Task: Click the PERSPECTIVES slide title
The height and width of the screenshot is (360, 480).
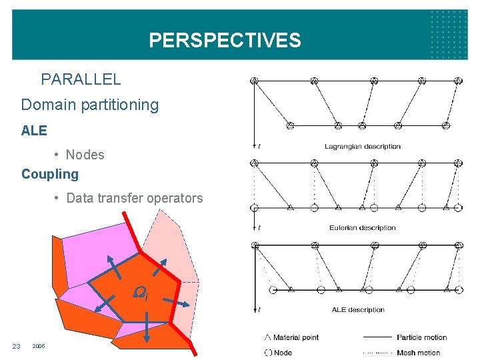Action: pos(225,41)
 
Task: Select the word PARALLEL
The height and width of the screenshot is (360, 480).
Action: pos(81,79)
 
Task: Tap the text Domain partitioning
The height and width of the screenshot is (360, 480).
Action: pos(90,105)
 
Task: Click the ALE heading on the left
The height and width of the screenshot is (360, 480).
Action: pos(34,131)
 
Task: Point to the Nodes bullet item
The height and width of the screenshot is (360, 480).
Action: pos(85,155)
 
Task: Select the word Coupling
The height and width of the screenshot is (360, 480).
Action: pos(50,174)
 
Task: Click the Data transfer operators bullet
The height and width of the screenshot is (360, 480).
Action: pos(134,198)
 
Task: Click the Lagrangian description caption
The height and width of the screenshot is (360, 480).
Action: pos(362,146)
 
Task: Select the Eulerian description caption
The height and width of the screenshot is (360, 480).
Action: pos(362,227)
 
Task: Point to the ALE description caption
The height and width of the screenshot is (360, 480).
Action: pos(358,309)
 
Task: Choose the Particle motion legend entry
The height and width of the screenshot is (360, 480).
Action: pos(421,337)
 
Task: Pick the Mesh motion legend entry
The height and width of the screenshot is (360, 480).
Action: pos(418,353)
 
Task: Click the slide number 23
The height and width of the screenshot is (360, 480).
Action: pos(17,345)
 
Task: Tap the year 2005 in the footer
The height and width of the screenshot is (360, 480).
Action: pos(39,345)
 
